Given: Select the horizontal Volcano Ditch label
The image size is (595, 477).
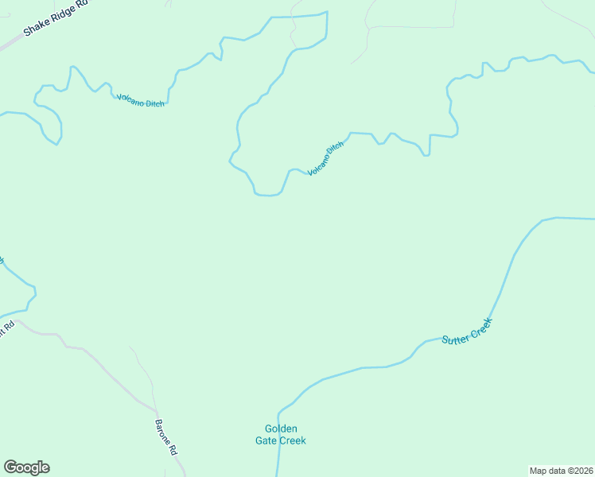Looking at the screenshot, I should [x=141, y=100].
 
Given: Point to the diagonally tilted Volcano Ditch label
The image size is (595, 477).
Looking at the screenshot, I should [x=326, y=157].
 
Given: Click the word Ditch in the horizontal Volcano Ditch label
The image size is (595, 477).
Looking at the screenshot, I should [x=155, y=103].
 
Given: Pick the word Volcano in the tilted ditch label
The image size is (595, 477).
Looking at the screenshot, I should [x=318, y=164].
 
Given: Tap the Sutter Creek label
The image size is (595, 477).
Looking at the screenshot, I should [x=468, y=331].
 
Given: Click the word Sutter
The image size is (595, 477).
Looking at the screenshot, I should [x=455, y=337].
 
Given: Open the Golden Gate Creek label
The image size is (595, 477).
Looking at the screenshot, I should [x=280, y=435].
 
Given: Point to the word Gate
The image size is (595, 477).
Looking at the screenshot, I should [x=265, y=440].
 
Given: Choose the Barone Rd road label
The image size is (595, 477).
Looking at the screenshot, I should [x=166, y=436].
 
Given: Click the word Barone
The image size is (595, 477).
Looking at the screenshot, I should [x=163, y=432].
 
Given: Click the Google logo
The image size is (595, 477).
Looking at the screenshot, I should [x=26, y=467].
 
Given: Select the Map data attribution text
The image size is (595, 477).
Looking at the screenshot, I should [x=561, y=471].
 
